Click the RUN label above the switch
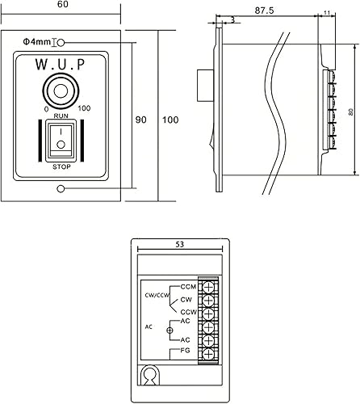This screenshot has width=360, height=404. (60, 116)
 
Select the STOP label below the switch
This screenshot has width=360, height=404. (60, 166)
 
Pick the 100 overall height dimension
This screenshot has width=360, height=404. (170, 120)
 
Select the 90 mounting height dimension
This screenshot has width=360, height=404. (140, 120)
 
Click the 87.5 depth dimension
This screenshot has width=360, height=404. (262, 12)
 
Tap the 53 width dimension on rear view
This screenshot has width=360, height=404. (179, 243)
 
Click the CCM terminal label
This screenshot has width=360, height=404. (188, 287)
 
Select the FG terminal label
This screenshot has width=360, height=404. (186, 351)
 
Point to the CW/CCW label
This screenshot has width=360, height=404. (157, 295)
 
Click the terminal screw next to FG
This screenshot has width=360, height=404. (208, 353)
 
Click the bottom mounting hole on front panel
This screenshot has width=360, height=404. (61, 189)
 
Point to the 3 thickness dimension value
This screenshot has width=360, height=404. (232, 19)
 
